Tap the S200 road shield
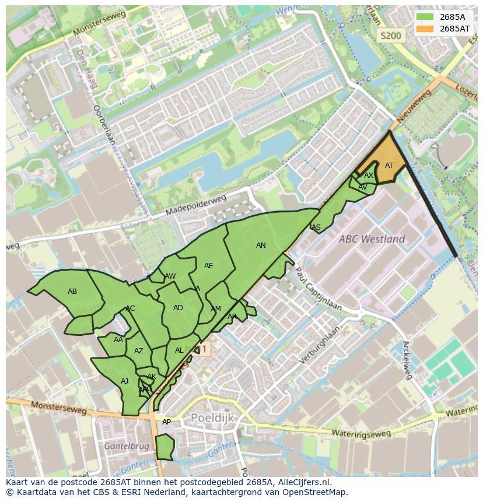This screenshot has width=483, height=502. pyautogui.click(x=390, y=36)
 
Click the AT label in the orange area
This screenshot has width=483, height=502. pyautogui.click(x=389, y=166)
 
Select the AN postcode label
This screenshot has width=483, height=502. pyautogui.click(x=261, y=245)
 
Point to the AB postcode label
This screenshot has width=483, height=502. pyautogui.click(x=72, y=292)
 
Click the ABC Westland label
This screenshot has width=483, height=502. pyautogui.click(x=372, y=239)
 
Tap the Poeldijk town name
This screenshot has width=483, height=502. pyautogui.click(x=212, y=418)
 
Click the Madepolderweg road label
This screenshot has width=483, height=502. pyautogui.click(x=195, y=206)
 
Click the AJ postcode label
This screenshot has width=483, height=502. pyautogui.click(x=124, y=381)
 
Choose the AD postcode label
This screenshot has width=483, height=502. pyautogui.click(x=178, y=308)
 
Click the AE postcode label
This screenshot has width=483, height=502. pyautogui.click(x=208, y=266)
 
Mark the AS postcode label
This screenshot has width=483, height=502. pyautogui.click(x=316, y=227)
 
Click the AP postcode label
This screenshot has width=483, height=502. pyautogui.click(x=166, y=422)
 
